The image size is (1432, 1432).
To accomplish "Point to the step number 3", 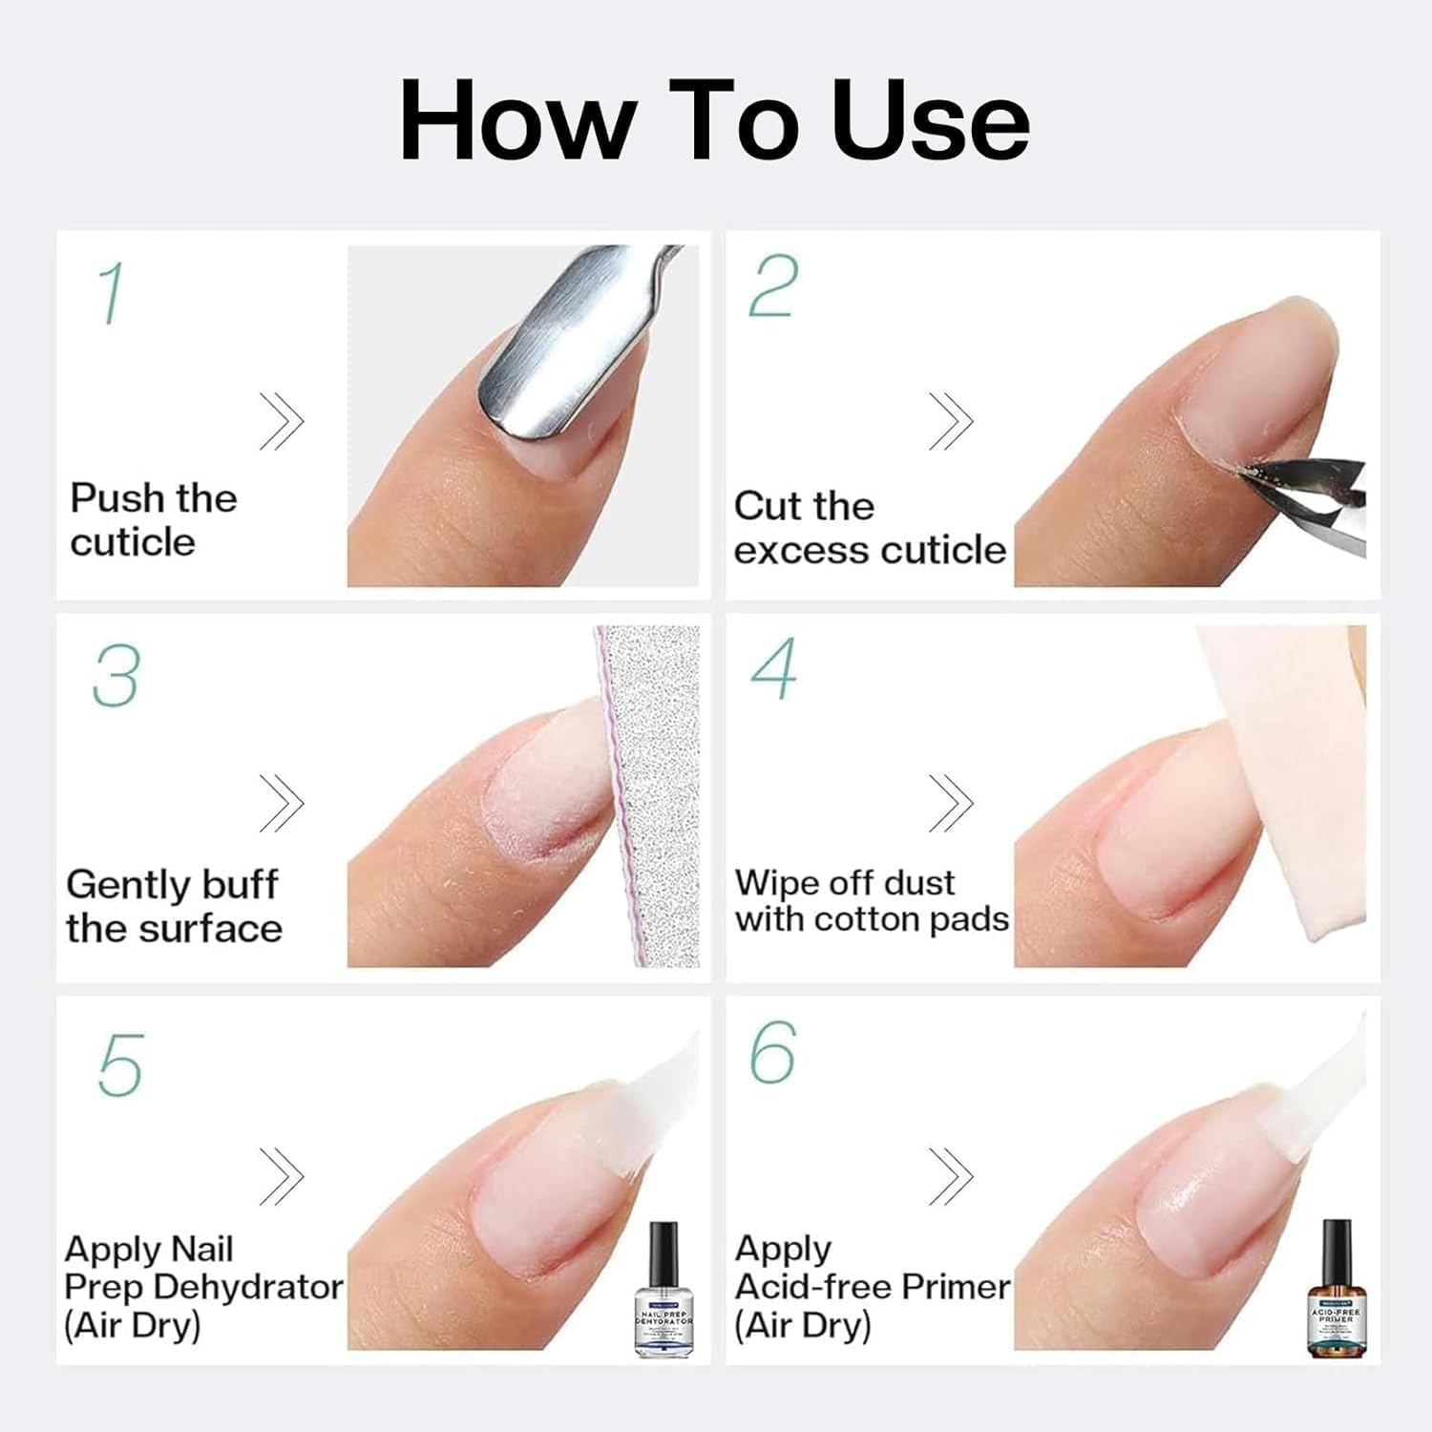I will [x=116, y=675].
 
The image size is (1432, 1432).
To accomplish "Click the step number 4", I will [x=773, y=669].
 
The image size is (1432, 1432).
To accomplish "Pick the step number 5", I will [x=120, y=1064].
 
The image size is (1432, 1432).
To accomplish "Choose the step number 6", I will [x=772, y=1052].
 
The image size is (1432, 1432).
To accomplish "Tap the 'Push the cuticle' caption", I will [x=153, y=519].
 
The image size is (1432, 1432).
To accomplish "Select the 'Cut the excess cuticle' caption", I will [x=869, y=528].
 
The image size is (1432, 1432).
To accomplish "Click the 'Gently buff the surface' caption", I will [x=174, y=906].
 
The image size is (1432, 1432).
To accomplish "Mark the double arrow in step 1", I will [x=282, y=421].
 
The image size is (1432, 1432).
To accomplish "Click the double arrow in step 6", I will [x=951, y=1175].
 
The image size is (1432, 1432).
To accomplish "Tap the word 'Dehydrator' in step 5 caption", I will [x=247, y=1287].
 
